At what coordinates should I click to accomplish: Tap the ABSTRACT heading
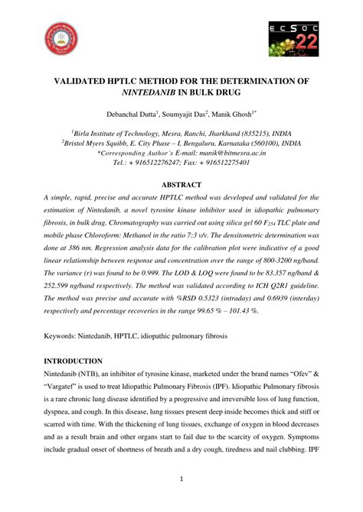(181, 184)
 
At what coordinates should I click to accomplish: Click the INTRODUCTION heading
(73, 361)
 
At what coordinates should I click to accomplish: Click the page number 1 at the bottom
(181, 478)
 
